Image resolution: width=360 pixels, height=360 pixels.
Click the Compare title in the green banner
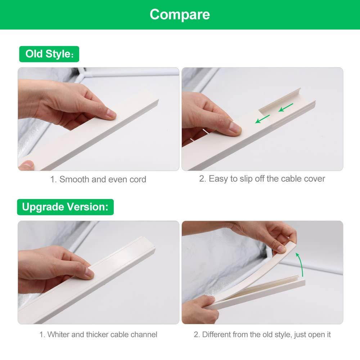180,14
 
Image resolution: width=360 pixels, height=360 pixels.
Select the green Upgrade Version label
65,207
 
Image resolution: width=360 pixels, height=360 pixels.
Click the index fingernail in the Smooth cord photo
111,115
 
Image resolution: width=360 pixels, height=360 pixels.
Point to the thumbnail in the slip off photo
235,128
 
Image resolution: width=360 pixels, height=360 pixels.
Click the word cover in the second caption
314,179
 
